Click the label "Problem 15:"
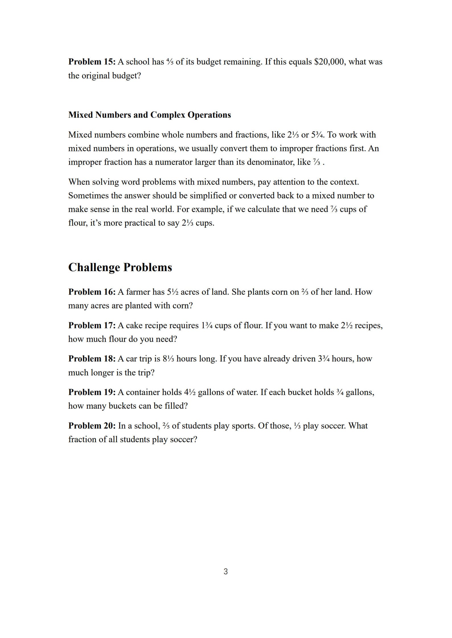click(x=92, y=62)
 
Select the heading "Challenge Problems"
click(x=120, y=267)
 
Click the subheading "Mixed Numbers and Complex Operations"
click(x=149, y=115)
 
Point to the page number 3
click(x=226, y=572)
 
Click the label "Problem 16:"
click(x=92, y=292)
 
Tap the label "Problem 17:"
click(x=92, y=325)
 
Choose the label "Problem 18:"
click(x=92, y=359)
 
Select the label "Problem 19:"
click(x=92, y=392)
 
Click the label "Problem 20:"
click(x=92, y=426)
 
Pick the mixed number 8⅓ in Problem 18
click(x=168, y=359)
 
